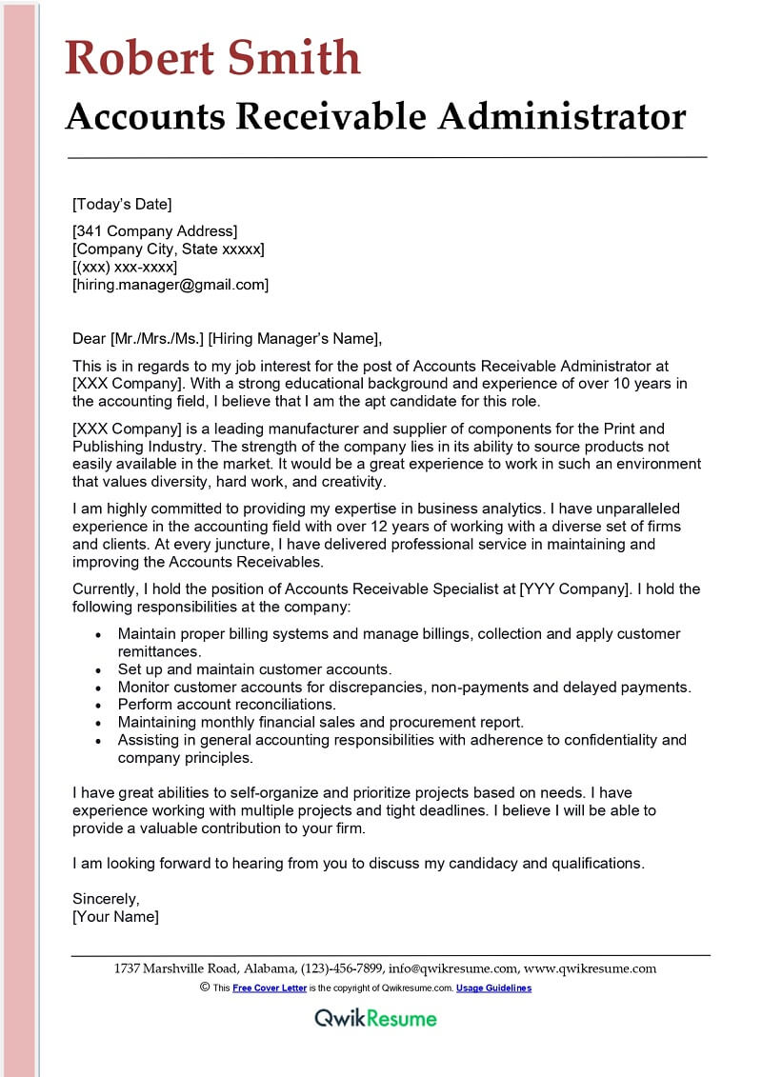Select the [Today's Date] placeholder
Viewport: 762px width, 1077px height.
pos(122,204)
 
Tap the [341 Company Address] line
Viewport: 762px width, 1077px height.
pos(154,230)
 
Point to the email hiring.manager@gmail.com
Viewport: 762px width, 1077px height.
pos(170,285)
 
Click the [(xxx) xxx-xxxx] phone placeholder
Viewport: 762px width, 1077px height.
pos(125,267)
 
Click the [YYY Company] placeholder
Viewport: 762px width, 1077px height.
pos(573,589)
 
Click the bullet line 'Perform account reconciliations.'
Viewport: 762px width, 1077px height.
pos(227,705)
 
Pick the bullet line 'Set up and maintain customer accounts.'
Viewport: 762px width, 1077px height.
pos(254,670)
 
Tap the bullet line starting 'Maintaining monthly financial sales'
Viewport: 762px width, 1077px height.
pos(321,723)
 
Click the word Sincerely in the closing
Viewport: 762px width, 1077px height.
pos(106,899)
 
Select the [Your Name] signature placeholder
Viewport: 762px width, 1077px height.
pos(115,917)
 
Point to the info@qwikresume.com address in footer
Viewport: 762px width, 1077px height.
pos(453,969)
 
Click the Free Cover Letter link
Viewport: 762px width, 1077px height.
pos(270,988)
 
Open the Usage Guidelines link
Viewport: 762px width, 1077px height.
pos(493,988)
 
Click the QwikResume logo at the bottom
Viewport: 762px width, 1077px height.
pos(376,1018)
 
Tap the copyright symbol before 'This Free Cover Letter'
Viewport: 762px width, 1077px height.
pos(205,987)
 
